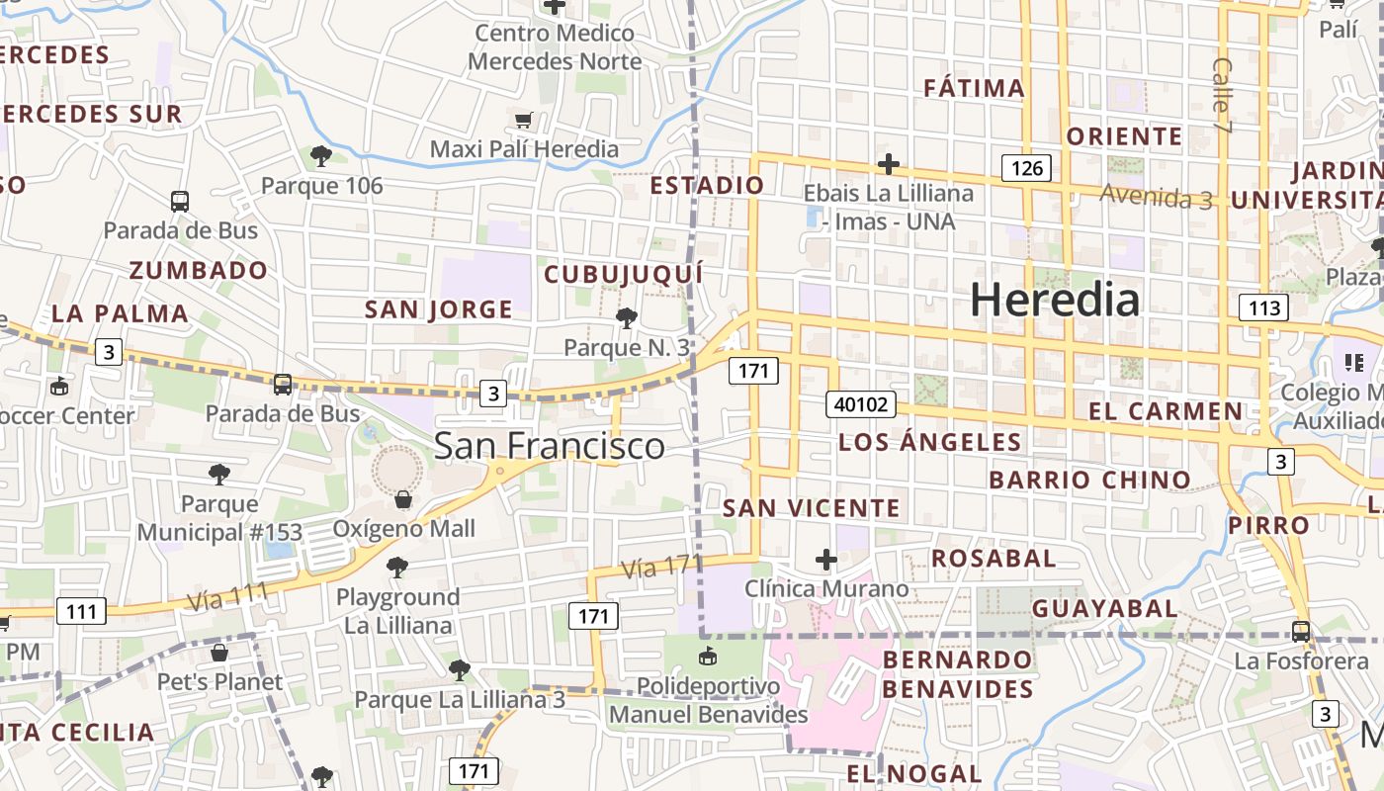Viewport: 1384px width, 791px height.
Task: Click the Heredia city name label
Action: (x=1054, y=300)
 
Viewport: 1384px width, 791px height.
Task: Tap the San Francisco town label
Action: (x=550, y=446)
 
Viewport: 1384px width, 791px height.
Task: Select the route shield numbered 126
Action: (x=1026, y=168)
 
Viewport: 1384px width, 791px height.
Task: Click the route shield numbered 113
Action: (x=1263, y=308)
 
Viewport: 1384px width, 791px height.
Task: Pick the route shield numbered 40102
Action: (x=862, y=404)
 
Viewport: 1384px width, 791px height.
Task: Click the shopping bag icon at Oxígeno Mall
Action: (x=402, y=499)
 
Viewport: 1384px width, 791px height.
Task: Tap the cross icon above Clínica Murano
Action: (x=826, y=561)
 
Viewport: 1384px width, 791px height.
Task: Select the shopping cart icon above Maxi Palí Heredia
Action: (x=523, y=121)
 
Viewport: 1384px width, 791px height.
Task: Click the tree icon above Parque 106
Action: (x=320, y=155)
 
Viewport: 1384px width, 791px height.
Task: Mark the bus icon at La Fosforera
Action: (x=1301, y=631)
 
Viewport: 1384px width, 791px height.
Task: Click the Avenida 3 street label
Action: (x=1156, y=197)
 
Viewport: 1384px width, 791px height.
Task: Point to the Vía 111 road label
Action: (x=227, y=596)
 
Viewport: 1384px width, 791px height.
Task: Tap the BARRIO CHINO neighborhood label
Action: (x=1089, y=481)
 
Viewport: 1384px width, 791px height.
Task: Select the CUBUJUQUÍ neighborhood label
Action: (x=624, y=274)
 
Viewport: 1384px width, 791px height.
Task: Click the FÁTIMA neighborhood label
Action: (x=974, y=88)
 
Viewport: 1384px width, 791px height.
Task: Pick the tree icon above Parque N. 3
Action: (x=626, y=318)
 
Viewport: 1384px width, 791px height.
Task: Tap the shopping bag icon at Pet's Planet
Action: (x=219, y=653)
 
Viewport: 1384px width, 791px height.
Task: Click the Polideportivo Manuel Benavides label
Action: (x=708, y=699)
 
